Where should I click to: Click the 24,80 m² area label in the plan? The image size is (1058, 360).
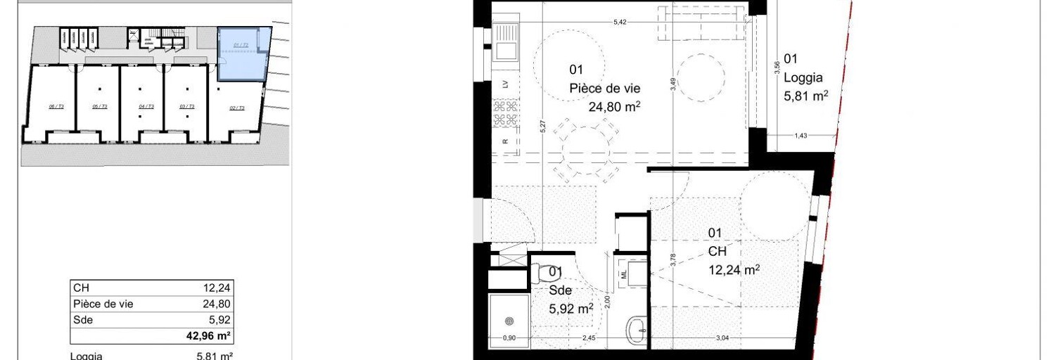point(613,107)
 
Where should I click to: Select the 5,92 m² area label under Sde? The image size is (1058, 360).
point(571,307)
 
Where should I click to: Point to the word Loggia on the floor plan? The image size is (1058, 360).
point(803,79)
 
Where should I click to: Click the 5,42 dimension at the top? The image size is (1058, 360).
point(619,22)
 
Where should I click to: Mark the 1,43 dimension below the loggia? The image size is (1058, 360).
point(801,136)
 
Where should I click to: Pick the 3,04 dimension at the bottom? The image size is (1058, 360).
point(722,338)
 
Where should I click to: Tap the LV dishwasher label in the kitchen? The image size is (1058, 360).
point(505,83)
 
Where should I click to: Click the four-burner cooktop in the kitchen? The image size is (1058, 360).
point(504,113)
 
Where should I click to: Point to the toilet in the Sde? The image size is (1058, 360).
point(542,271)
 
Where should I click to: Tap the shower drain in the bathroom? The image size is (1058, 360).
point(508,322)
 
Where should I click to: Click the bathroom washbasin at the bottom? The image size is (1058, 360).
point(638,329)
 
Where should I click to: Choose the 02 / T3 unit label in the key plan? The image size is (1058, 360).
point(236,108)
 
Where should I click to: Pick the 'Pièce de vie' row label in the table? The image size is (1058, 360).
point(103,304)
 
